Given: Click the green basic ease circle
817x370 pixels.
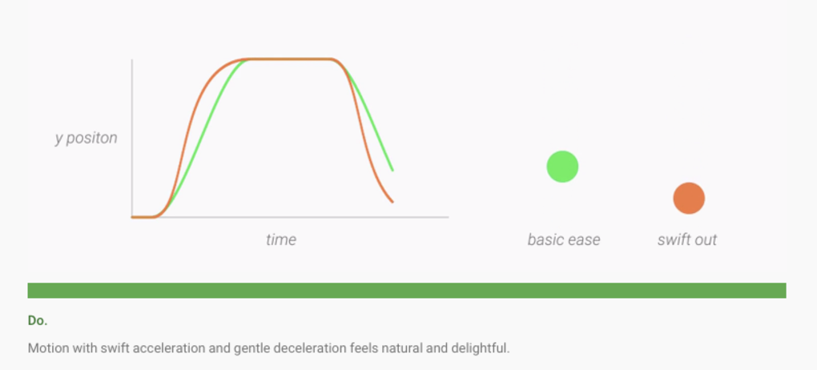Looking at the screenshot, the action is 562,167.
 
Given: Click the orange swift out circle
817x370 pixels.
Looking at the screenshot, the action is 689,198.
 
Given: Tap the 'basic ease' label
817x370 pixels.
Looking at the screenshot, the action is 564,239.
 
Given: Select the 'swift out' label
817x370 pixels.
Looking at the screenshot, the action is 687,239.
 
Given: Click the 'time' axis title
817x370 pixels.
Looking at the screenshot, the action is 281,239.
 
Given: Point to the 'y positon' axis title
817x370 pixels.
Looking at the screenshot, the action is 87,138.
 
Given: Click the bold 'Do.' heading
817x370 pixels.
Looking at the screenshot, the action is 38,321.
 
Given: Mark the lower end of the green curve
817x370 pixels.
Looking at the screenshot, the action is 392,171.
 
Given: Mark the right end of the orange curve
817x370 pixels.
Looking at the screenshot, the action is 392,202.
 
